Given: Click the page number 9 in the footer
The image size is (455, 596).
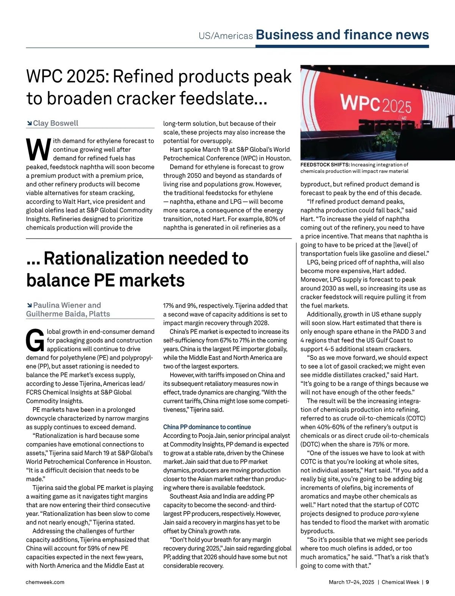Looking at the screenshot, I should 427,582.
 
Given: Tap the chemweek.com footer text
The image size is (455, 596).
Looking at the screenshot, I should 45,582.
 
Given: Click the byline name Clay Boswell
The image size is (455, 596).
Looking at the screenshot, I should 56,123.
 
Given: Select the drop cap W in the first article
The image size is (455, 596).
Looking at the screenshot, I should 38,150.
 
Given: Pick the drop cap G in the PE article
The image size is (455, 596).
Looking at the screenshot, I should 35,340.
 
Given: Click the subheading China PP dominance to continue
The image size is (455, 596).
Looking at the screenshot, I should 207,427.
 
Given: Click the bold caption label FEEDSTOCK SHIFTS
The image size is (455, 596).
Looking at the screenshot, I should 325,165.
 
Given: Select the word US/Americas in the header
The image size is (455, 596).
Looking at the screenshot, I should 226,36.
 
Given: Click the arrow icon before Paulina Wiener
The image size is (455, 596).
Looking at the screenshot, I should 29,305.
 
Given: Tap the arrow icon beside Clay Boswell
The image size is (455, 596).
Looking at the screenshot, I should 29,123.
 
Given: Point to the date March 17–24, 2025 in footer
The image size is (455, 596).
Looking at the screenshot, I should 351,582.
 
